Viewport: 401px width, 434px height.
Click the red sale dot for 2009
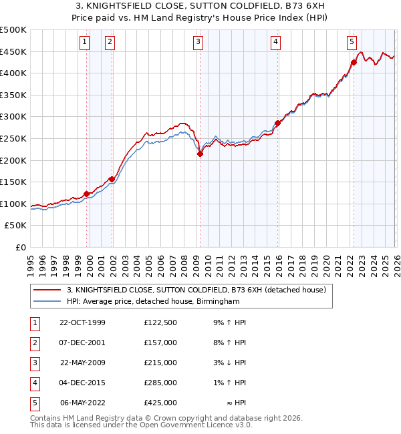(200, 154)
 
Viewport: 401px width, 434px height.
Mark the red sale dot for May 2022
(354, 63)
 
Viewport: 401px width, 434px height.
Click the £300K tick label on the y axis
(13, 117)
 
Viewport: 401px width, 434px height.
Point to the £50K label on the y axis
(16, 226)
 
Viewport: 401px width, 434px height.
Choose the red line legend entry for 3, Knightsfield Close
(196, 290)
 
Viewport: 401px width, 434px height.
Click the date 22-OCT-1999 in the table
(82, 323)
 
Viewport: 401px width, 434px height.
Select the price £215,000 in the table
(160, 363)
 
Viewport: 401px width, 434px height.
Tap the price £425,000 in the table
(160, 403)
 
